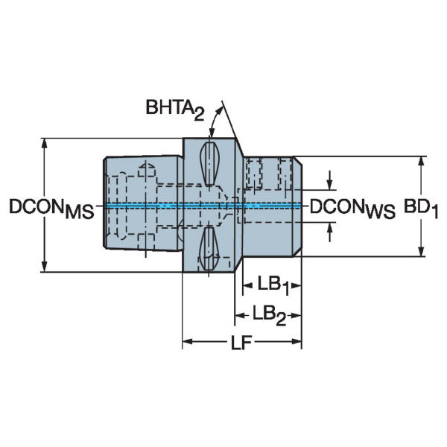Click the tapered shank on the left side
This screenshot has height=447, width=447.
click(142, 205)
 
